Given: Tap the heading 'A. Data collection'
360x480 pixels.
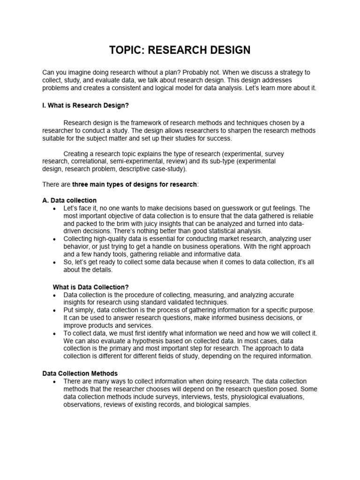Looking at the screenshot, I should (69, 200).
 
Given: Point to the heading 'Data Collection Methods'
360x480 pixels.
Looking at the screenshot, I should (79, 374).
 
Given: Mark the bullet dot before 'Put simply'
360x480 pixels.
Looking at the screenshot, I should (55, 310).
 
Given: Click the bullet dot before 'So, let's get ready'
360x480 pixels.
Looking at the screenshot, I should (55, 262).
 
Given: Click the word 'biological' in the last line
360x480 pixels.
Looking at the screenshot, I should (200, 405).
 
